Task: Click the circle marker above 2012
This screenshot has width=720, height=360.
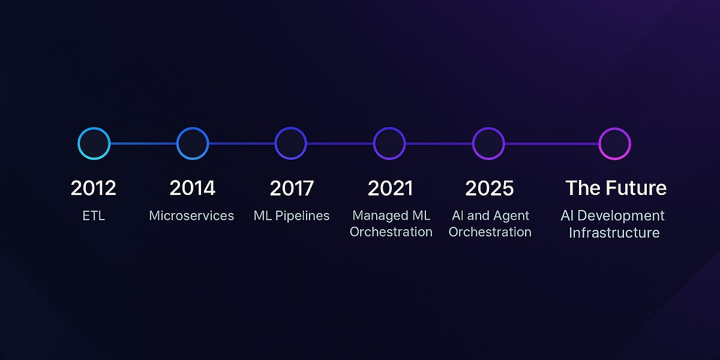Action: pyautogui.click(x=79, y=143)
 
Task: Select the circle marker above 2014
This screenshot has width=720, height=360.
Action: pyautogui.click(x=177, y=143)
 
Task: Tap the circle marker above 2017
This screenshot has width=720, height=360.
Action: pyautogui.click(x=275, y=143)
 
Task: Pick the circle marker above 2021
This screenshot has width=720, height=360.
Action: pyautogui.click(x=374, y=143)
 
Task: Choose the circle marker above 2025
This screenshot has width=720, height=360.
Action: pyautogui.click(x=473, y=143)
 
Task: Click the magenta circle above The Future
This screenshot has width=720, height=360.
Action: pyautogui.click(x=599, y=143)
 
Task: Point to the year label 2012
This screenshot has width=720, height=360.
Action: pyautogui.click(x=93, y=188)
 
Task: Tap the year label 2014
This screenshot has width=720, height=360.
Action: pyautogui.click(x=192, y=188)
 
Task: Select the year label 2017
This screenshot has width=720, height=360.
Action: pyautogui.click(x=292, y=188)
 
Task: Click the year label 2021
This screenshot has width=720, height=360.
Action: pyautogui.click(x=390, y=188)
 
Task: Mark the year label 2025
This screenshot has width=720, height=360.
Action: pyautogui.click(x=489, y=188)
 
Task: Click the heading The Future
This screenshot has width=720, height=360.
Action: pyautogui.click(x=616, y=188)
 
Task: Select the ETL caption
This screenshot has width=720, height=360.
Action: pyautogui.click(x=94, y=215)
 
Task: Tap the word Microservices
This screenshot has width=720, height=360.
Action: pyautogui.click(x=191, y=215)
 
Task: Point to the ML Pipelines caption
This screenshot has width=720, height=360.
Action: pyautogui.click(x=292, y=216)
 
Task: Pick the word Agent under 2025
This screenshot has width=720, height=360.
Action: pyautogui.click(x=512, y=215)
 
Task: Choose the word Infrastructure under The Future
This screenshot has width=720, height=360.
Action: pyautogui.click(x=614, y=233)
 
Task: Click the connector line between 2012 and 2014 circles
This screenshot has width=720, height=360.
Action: pyautogui.click(x=143, y=143)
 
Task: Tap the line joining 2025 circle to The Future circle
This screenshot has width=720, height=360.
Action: pyautogui.click(x=551, y=143)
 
